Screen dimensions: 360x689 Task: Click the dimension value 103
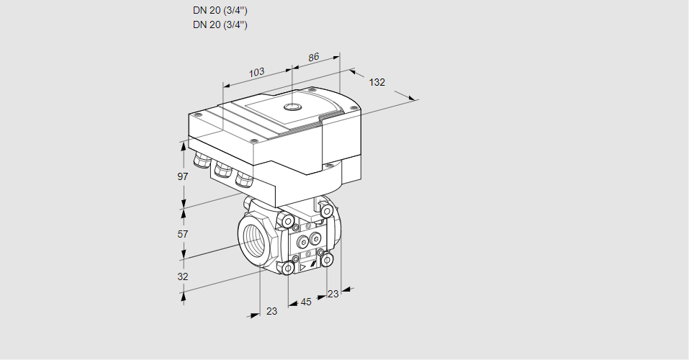(x=256, y=72)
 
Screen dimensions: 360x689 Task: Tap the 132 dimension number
(x=377, y=82)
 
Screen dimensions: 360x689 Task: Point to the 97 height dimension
(x=183, y=176)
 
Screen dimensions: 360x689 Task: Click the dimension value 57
(x=183, y=234)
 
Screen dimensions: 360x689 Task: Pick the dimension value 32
(x=183, y=276)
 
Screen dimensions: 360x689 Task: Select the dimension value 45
(x=306, y=302)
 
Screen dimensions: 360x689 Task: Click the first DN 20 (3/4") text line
(x=220, y=11)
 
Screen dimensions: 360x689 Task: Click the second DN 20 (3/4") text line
(x=220, y=24)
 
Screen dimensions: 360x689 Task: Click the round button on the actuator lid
(x=292, y=107)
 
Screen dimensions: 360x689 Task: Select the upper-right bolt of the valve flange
(x=328, y=211)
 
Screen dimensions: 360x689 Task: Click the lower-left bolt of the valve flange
(x=288, y=269)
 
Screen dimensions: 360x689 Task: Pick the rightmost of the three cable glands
(x=245, y=177)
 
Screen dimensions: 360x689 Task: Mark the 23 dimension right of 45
(x=333, y=294)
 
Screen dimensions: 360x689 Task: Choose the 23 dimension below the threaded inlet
(x=271, y=312)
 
